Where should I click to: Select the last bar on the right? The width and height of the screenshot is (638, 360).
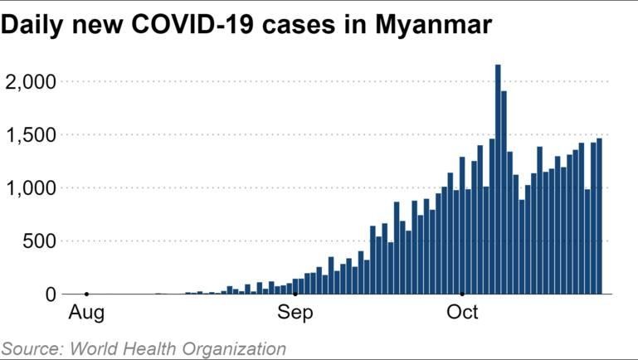click(599, 216)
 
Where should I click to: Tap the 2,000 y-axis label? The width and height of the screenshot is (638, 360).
click(31, 82)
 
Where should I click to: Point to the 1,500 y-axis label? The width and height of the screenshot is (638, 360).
click(31, 135)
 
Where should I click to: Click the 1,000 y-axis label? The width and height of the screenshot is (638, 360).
click(31, 188)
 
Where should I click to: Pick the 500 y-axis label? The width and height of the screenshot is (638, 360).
click(39, 241)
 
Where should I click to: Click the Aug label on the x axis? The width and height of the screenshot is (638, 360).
click(85, 314)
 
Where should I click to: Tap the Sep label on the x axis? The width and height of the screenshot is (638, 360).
click(295, 314)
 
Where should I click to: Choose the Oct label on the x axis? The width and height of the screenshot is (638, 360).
click(462, 314)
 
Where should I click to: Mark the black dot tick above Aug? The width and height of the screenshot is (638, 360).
click(86, 294)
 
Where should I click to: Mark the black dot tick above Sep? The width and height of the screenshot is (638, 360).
click(295, 294)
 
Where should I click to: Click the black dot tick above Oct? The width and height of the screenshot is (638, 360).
click(462, 294)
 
